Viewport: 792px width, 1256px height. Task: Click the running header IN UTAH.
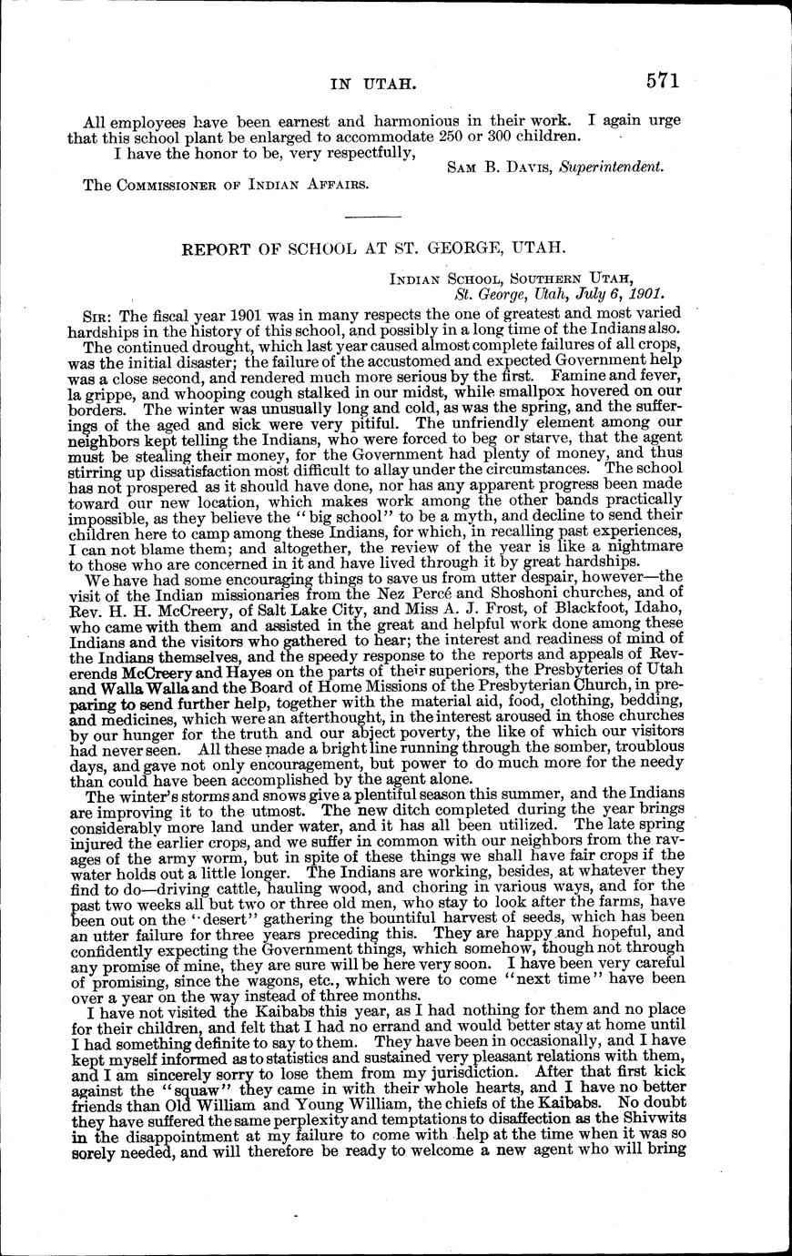pyautogui.click(x=373, y=85)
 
